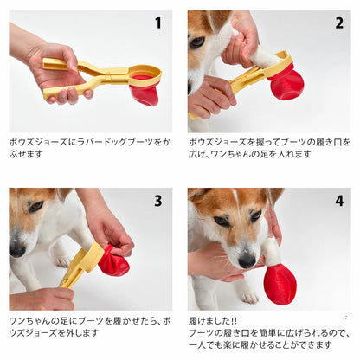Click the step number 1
(158, 23)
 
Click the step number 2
(339, 23)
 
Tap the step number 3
(158, 201)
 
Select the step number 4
(339, 201)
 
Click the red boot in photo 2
(286, 84)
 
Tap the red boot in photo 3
(113, 260)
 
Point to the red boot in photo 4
(280, 285)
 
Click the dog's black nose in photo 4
(247, 261)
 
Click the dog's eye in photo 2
(198, 42)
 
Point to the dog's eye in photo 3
(36, 206)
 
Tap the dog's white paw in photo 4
(249, 296)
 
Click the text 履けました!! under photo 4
(213, 321)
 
